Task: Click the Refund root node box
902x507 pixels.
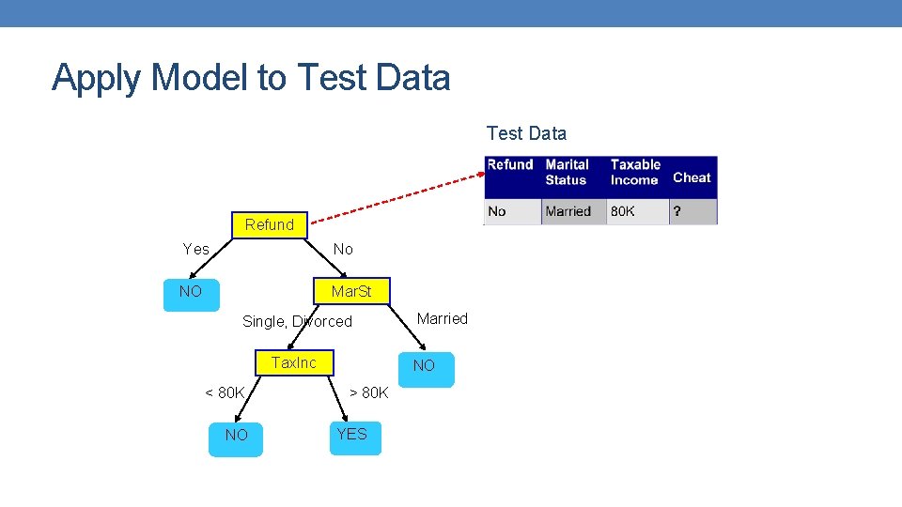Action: coord(270,225)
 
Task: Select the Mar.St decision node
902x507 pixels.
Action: coord(351,292)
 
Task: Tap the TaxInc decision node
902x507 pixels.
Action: coord(294,362)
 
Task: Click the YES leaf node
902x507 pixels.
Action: coord(352,435)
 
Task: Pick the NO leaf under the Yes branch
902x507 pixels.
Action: coord(191,292)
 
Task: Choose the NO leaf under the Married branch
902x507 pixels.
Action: coord(425,366)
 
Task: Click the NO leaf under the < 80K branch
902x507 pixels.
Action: coord(236,436)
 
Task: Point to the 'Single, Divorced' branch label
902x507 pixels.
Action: coord(297,322)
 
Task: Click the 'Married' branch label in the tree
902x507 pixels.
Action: coord(442,319)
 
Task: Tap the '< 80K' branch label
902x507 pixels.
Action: coord(225,392)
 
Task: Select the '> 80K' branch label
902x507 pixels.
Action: coord(368,392)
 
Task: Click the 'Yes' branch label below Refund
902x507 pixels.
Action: coord(196,249)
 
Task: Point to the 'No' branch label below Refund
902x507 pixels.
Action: coord(343,249)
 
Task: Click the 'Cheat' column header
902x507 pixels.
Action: coord(692,177)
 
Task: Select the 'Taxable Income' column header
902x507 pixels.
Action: coord(636,173)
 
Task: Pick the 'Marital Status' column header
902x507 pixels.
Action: coord(568,173)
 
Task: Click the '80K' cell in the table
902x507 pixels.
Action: coord(623,211)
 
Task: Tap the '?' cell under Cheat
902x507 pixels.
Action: coord(676,211)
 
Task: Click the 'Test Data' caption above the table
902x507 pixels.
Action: coord(526,133)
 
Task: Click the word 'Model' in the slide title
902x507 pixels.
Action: coord(200,77)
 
